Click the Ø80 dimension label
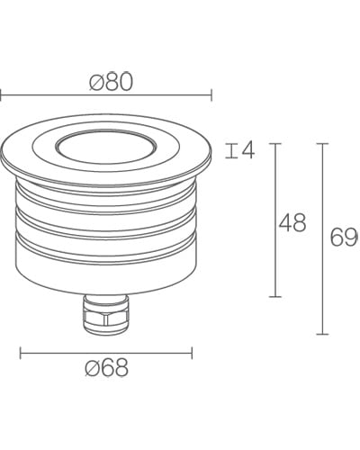tap(111, 82)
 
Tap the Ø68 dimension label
tap(107, 367)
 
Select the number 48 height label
tap(292, 223)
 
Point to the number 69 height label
tap(345, 237)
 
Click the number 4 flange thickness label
tap(248, 150)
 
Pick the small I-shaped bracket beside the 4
tap(231, 150)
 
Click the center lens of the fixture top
tap(106, 148)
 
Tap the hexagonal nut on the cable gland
tap(106, 318)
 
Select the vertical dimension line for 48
tap(275, 220)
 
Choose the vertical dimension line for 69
tap(322, 239)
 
